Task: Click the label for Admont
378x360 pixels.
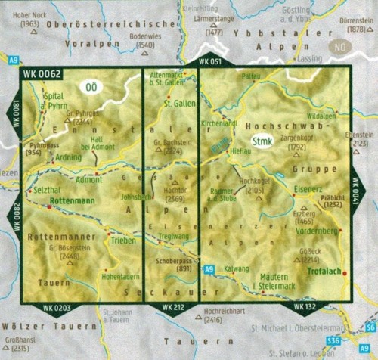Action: tap(89, 180)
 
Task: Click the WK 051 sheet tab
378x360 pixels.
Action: tap(209, 61)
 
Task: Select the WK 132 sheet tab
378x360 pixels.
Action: tap(303, 308)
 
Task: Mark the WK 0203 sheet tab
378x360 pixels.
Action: tap(57, 308)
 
